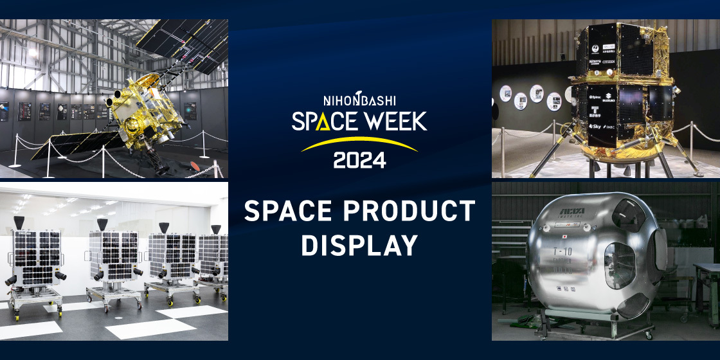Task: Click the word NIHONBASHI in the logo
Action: coord(359,100)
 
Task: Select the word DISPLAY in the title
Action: coord(359,246)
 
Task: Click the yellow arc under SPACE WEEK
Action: coord(359,142)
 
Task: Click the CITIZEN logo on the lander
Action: coord(607,62)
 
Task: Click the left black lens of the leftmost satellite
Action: coord(12,280)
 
